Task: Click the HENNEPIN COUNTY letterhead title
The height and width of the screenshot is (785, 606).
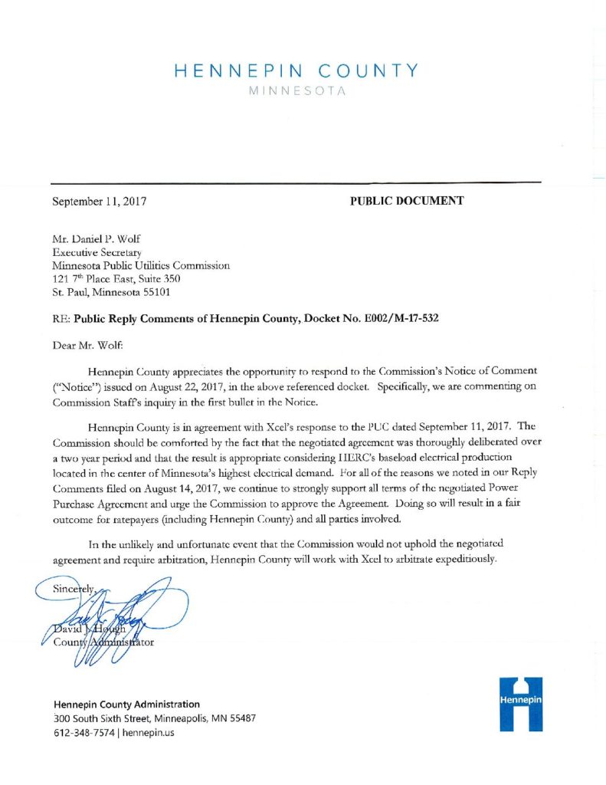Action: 296,71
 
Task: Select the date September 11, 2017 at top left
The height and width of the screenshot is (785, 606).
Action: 99,202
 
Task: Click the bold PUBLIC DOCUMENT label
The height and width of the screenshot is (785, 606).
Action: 407,202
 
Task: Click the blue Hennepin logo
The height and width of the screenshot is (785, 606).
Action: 520,703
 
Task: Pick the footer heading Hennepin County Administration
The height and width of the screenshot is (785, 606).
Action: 127,704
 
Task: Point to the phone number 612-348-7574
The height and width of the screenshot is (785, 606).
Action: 84,733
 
